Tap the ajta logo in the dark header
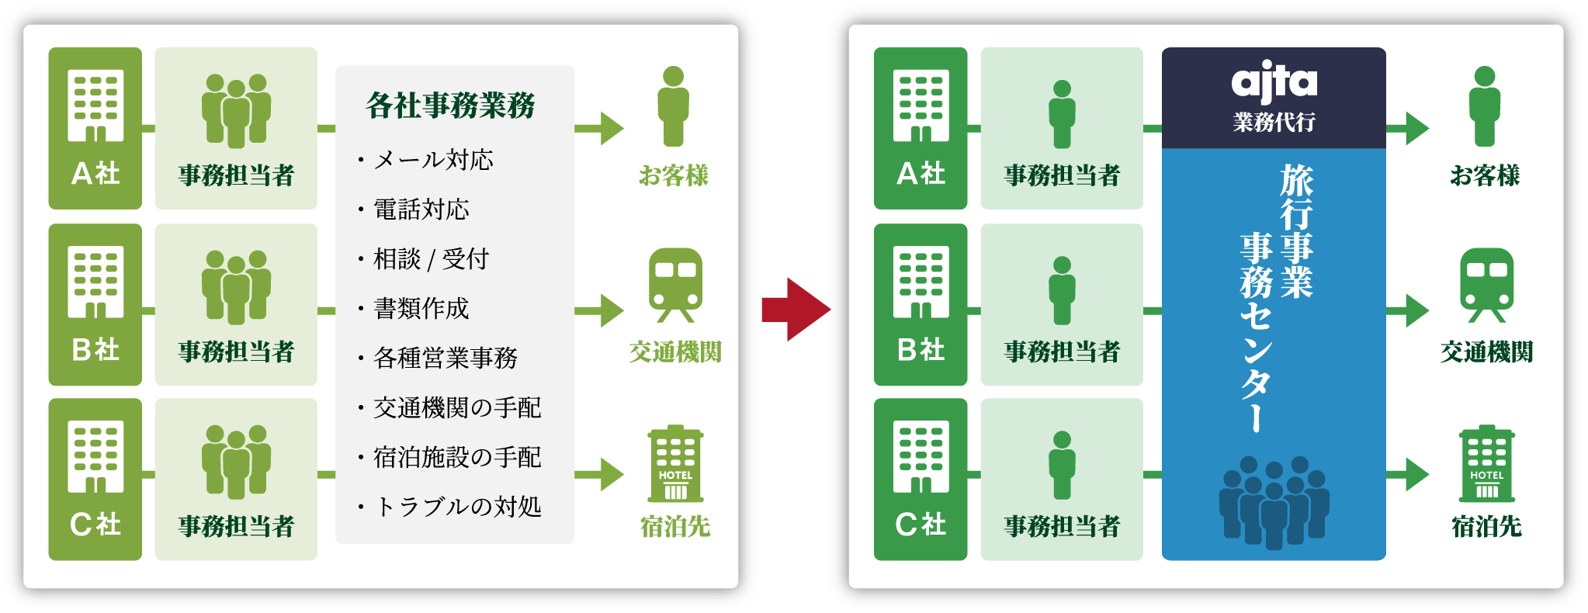[1274, 81]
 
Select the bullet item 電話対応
[421, 210]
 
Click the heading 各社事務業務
[450, 106]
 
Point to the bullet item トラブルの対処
[458, 507]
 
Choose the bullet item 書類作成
[421, 309]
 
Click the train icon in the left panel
[675, 284]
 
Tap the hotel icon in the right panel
[1486, 463]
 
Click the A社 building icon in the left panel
[95, 106]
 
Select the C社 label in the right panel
[921, 525]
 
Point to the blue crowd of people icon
[1273, 500]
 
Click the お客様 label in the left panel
[674, 175]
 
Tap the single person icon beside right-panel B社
[1062, 290]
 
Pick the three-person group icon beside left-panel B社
[236, 286]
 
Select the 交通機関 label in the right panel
[1486, 352]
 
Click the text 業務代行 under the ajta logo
[1274, 123]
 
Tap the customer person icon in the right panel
[1484, 106]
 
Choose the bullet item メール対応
[433, 160]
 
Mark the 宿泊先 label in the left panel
[675, 527]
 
